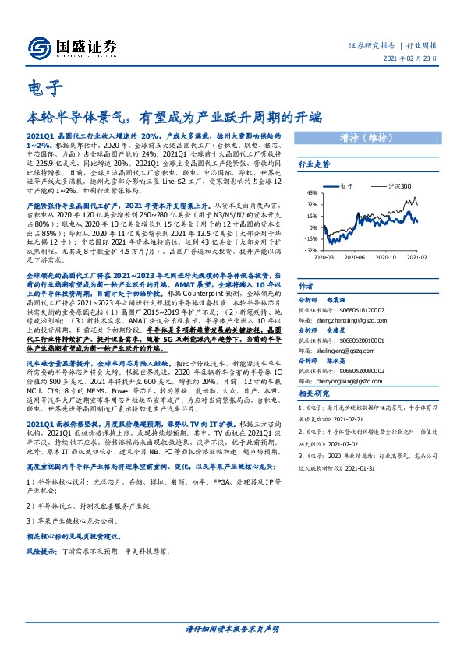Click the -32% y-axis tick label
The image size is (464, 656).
tap(312, 250)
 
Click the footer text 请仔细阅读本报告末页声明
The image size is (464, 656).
tap(232, 628)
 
